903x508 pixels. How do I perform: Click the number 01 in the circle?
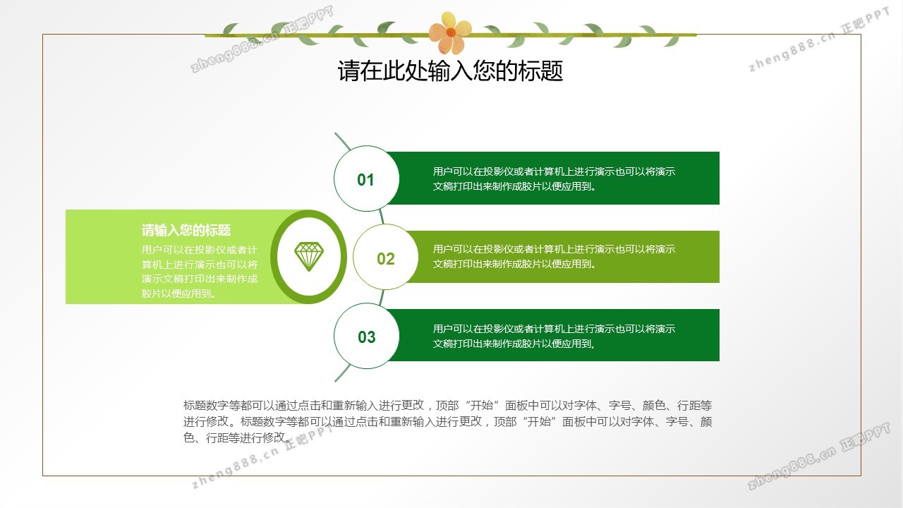pos(365,180)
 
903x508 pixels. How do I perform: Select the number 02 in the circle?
pos(386,259)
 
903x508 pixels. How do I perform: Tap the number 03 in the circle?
pos(366,337)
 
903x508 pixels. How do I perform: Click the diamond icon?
pos(309,256)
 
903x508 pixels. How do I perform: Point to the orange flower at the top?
pos(450,32)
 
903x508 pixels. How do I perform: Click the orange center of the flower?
pos(451,32)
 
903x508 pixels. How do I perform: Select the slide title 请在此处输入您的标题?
pos(450,71)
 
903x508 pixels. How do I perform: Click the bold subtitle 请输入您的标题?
pos(186,230)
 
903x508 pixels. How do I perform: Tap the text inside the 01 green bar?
pos(554,179)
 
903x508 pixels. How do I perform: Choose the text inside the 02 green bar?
pos(554,256)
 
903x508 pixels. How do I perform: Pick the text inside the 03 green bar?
pos(554,337)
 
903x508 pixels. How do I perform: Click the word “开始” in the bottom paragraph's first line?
pos(482,405)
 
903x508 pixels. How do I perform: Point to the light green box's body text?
pos(200,272)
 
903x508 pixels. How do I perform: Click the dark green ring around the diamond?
pos(274,256)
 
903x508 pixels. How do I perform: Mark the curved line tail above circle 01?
pos(342,141)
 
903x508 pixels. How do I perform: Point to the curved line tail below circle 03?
pos(342,373)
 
